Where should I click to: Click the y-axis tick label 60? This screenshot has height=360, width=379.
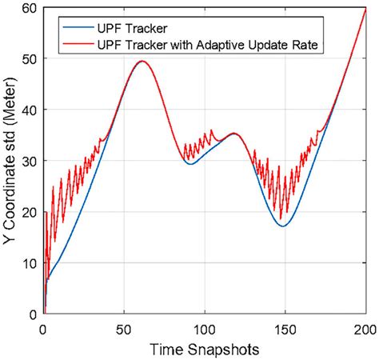(x=30, y=8)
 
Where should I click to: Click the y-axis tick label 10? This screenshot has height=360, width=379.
(x=30, y=263)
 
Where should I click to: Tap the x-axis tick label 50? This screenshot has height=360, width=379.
(x=124, y=329)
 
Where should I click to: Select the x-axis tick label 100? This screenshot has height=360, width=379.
(x=205, y=329)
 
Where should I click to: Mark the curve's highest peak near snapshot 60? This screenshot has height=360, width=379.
(x=142, y=61)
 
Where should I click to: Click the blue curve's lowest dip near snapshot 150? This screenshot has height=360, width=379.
(x=283, y=226)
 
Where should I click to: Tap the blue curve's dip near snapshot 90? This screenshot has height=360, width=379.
(x=189, y=164)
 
